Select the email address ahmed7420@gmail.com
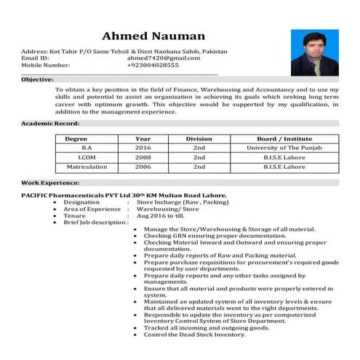pos(163,58)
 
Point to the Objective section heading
pos(37,79)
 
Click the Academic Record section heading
pos(50,124)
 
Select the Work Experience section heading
pos(50,183)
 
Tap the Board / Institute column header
pos(284,138)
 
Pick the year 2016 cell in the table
pos(143,148)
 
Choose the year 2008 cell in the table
pos(143,157)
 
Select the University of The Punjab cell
pos(284,148)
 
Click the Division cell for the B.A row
pos(199,148)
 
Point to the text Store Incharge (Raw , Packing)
pos(177,202)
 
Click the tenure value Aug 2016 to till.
pos(161,216)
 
